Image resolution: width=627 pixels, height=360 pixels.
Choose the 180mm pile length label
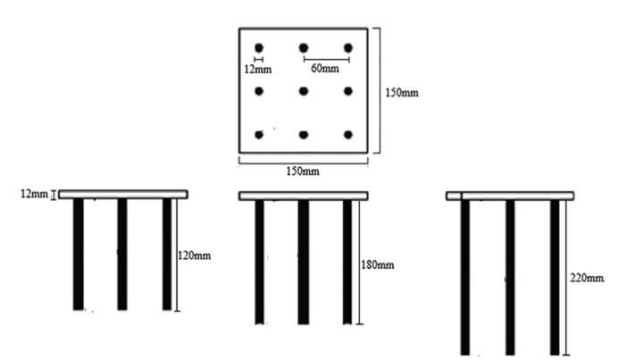click(376, 264)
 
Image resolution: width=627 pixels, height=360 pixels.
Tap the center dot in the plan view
click(304, 90)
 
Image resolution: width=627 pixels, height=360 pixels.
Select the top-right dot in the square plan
click(348, 47)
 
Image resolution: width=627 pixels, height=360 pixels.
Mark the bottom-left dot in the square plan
click(259, 135)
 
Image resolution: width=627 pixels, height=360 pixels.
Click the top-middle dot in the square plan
click(304, 47)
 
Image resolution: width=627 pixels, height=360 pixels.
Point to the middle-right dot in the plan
click(348, 90)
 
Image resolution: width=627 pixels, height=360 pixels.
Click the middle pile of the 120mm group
click(122, 254)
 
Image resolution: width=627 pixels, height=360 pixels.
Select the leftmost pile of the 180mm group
click(259, 261)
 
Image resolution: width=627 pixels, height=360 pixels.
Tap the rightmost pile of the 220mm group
click(555, 277)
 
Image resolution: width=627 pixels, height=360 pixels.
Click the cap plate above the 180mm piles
click(304, 195)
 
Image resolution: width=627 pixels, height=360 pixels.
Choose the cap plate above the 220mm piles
click(509, 195)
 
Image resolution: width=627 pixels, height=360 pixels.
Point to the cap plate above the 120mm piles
click(122, 194)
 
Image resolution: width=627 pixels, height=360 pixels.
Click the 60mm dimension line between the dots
click(326, 60)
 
